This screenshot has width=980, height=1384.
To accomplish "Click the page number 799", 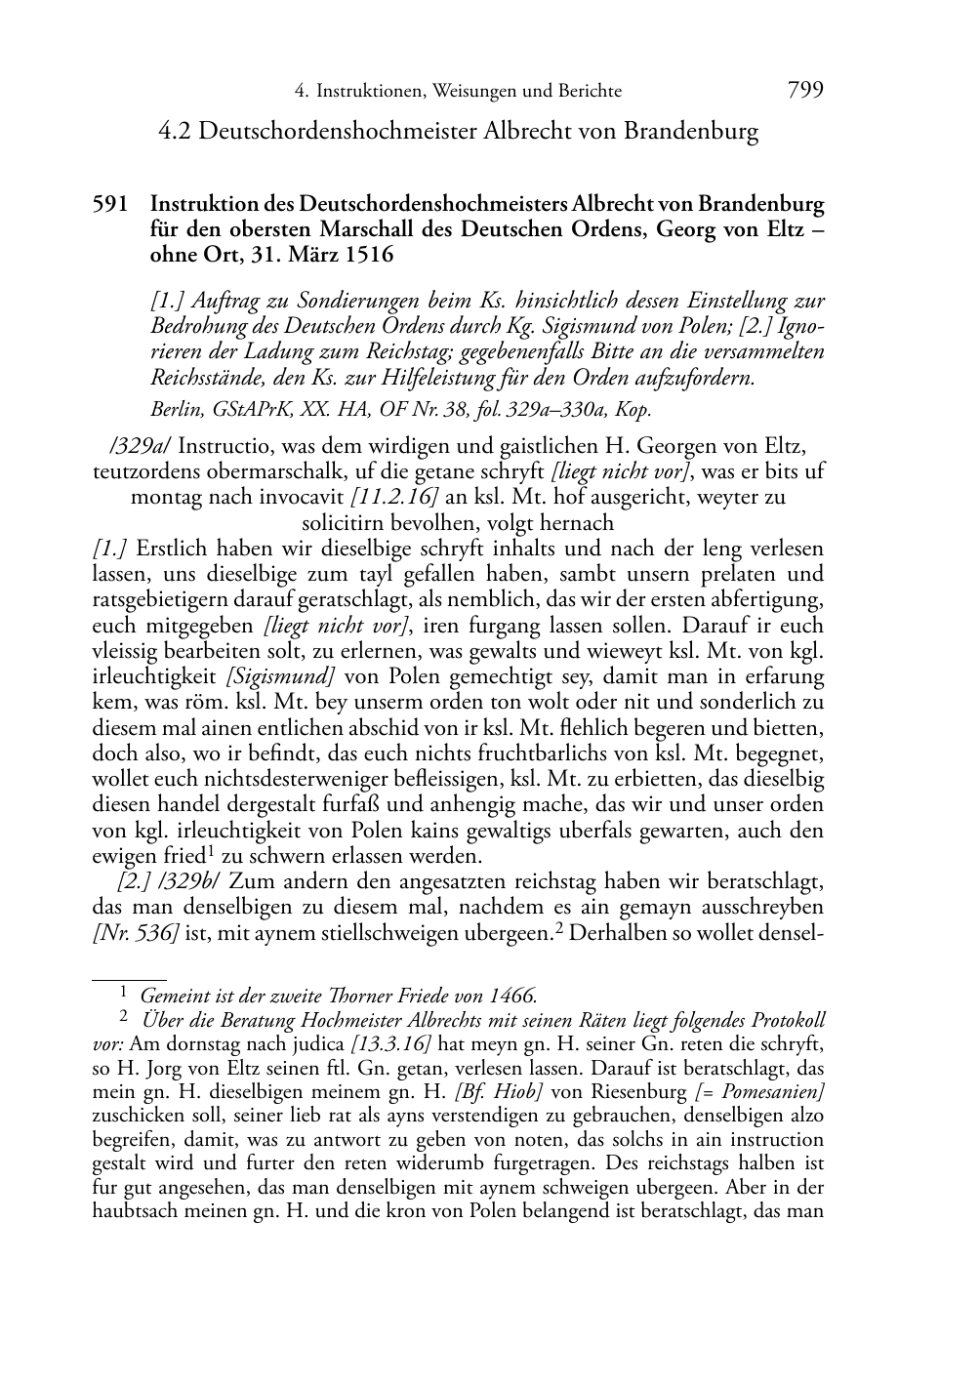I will click(x=805, y=91).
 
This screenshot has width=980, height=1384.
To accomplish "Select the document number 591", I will click(x=110, y=205).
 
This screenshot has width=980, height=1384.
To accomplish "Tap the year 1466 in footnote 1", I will click(x=514, y=997).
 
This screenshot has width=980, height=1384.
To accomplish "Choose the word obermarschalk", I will click(x=236, y=472).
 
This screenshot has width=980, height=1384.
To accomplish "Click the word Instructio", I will click(x=224, y=447).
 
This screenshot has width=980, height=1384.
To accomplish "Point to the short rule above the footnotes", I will click(x=129, y=976).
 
